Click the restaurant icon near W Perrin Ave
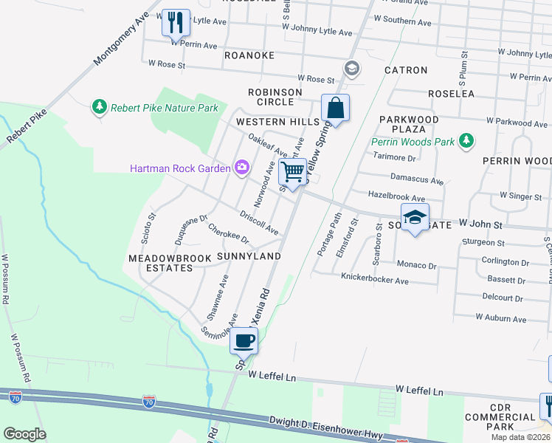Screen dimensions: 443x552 176,22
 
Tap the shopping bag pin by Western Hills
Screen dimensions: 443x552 335,108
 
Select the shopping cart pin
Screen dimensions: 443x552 293,173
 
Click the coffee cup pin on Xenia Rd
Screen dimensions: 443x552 244,341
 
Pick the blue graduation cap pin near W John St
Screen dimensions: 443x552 415,217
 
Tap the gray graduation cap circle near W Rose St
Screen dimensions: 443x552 352,69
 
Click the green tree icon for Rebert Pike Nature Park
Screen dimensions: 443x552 99,108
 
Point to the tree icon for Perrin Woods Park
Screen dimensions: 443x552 465,140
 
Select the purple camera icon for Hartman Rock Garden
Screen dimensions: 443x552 241,168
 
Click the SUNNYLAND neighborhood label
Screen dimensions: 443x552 249,256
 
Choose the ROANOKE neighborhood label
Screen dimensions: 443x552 249,55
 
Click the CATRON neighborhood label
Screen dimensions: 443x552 405,70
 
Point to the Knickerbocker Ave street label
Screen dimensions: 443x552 374,281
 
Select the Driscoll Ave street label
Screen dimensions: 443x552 259,223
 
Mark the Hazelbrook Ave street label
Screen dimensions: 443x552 396,199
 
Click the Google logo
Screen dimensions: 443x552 24,433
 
